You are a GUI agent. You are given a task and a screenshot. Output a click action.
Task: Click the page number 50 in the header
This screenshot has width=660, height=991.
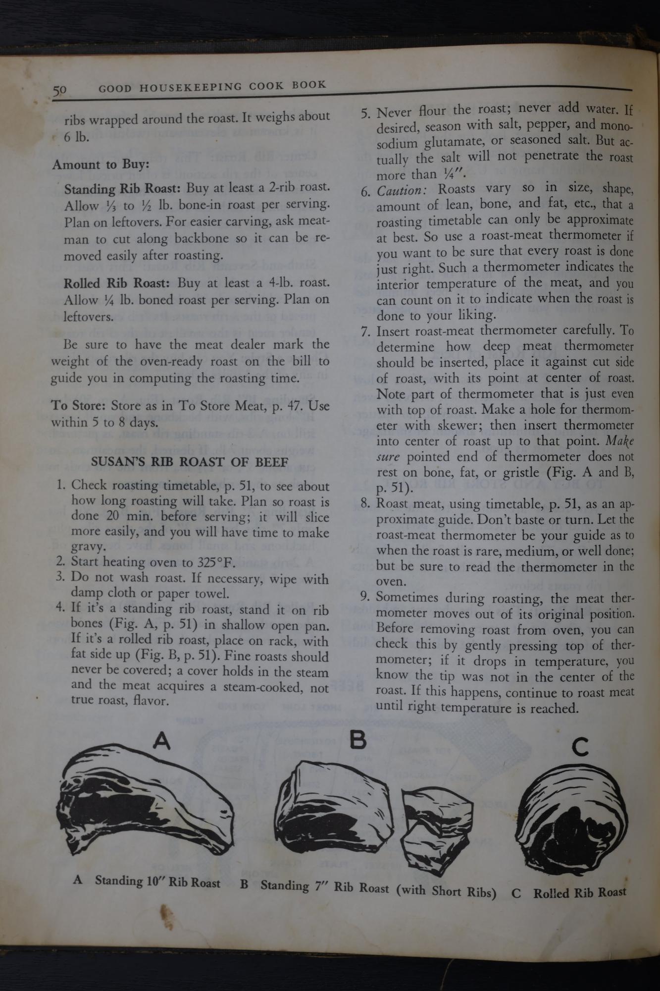(x=60, y=90)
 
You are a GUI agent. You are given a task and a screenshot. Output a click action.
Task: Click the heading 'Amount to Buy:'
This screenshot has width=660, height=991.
(x=101, y=164)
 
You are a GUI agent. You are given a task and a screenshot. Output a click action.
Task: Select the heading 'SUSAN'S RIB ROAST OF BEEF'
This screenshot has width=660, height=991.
(x=190, y=462)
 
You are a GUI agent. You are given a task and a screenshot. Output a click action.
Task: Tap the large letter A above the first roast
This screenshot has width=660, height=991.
(x=162, y=741)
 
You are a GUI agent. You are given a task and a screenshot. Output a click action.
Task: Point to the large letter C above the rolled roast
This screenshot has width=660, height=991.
(x=580, y=747)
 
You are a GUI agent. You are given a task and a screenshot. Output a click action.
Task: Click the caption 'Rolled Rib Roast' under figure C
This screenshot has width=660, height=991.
(x=579, y=893)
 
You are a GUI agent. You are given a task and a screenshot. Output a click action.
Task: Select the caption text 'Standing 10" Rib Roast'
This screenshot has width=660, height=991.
(x=157, y=881)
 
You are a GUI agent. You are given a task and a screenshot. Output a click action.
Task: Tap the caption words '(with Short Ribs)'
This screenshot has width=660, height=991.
(x=446, y=890)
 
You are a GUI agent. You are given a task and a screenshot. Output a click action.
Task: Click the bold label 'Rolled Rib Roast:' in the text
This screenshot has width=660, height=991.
(x=117, y=283)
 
